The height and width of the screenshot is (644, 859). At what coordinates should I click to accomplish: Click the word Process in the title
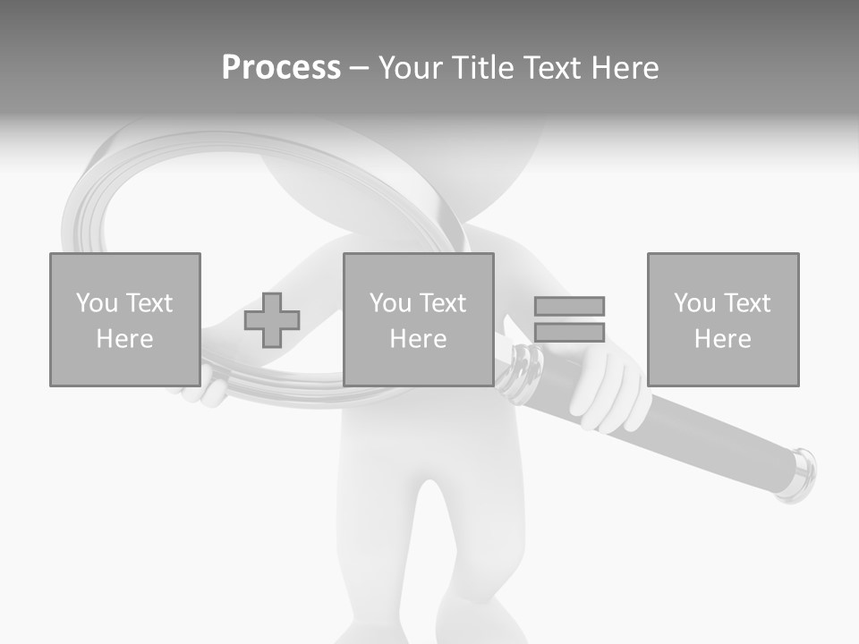tap(281, 68)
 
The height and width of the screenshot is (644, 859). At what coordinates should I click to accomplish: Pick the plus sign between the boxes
tap(272, 320)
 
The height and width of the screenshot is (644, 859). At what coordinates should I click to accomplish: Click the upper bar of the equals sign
tap(569, 306)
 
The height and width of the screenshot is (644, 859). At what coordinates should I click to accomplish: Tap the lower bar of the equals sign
tap(569, 332)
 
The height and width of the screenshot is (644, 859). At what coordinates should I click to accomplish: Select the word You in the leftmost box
tap(96, 303)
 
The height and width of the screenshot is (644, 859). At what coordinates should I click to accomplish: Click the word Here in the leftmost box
tap(124, 339)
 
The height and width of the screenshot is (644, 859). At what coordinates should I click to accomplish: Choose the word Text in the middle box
tap(442, 303)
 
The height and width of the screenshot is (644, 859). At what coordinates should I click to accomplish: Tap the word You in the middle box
tap(390, 303)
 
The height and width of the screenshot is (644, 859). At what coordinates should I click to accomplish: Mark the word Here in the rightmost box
tap(723, 339)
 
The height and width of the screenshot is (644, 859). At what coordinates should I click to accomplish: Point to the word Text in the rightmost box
tap(746, 303)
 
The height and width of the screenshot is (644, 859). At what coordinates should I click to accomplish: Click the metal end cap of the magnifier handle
tap(800, 474)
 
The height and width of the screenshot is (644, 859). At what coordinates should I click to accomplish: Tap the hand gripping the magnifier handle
tap(608, 394)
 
